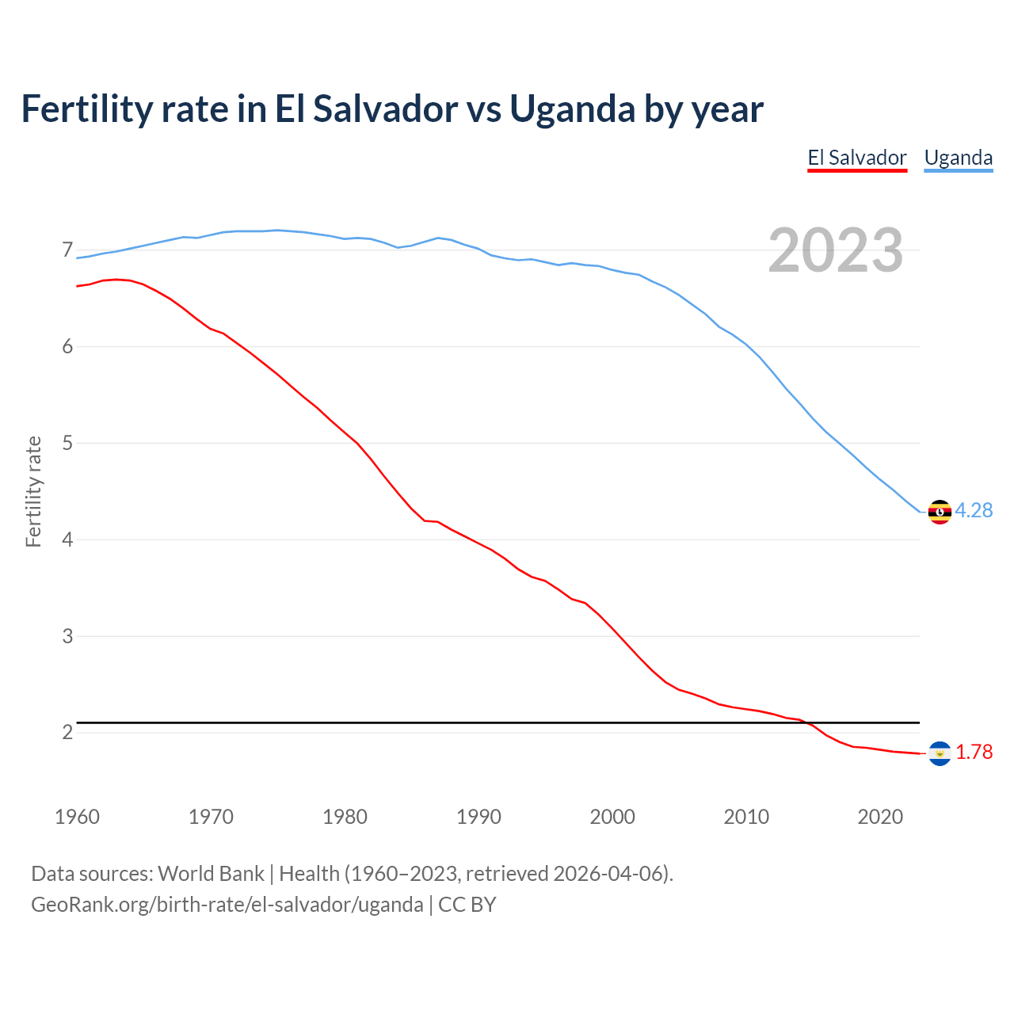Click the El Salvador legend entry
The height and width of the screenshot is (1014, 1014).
tap(856, 158)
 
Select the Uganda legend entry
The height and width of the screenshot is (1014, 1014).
tap(958, 158)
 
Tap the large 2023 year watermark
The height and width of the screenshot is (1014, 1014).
tap(835, 250)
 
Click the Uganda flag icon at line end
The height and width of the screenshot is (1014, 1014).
tap(939, 512)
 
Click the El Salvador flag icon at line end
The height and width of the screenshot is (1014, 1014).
tap(939, 753)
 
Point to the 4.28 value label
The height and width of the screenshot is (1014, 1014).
tap(974, 511)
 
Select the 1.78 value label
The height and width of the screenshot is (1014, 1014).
tap(974, 753)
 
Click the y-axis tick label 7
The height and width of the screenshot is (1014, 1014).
tap(67, 250)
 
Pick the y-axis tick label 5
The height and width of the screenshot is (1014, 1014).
tap(67, 443)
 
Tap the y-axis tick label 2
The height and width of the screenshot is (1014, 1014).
tap(67, 732)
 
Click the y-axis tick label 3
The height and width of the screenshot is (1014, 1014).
tap(67, 636)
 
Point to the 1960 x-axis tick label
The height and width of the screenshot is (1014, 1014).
tap(77, 817)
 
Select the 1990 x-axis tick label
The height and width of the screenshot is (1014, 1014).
tap(478, 817)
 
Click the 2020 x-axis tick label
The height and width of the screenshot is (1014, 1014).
tap(880, 817)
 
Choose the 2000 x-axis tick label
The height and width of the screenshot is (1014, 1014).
tap(612, 817)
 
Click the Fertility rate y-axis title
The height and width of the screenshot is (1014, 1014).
tap(33, 491)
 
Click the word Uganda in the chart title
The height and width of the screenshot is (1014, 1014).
tap(571, 109)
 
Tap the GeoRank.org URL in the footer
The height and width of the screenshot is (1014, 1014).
tap(227, 905)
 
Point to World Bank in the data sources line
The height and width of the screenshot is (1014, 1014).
tap(211, 874)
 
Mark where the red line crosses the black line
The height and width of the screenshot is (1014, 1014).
tap(807, 722)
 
